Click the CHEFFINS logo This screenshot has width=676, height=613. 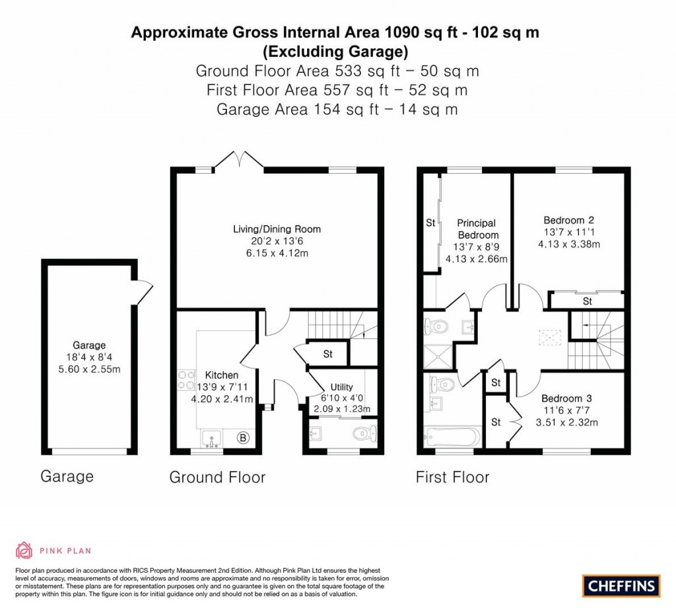click(x=621, y=585)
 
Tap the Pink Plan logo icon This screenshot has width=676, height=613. click(x=24, y=550)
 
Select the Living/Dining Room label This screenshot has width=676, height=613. click(x=277, y=229)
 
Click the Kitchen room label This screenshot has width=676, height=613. click(x=221, y=375)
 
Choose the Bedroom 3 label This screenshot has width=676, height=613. click(x=566, y=398)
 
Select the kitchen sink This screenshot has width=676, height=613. click(x=212, y=438)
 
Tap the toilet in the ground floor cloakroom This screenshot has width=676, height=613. click(x=364, y=434)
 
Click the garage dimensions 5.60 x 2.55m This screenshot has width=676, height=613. click(x=89, y=369)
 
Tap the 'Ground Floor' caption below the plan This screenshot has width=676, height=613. click(x=217, y=477)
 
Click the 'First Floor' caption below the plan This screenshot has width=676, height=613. click(x=452, y=477)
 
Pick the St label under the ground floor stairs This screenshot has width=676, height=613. click(x=327, y=354)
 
